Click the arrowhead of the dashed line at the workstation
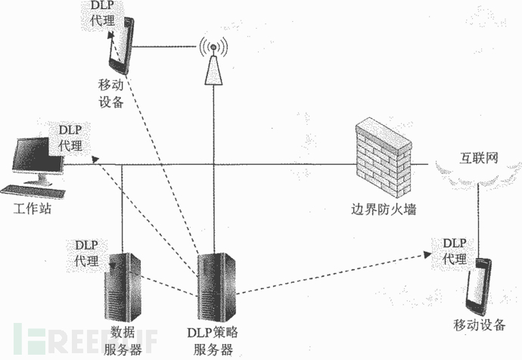click(94, 159)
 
